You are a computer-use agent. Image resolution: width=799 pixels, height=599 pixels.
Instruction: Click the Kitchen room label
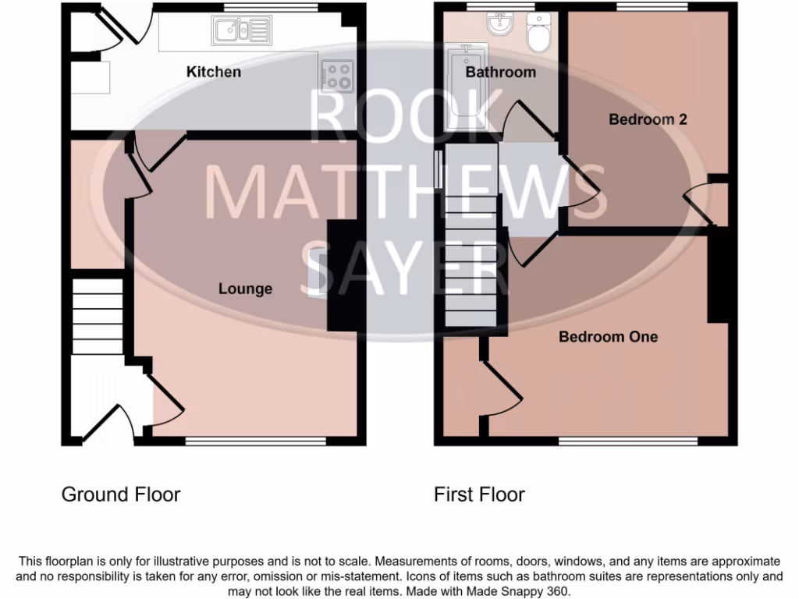point(213,72)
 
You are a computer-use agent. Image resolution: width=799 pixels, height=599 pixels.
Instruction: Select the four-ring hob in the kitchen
point(338,75)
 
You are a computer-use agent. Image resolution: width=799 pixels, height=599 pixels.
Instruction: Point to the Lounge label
point(245,289)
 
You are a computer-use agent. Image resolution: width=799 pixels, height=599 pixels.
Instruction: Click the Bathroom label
point(500,73)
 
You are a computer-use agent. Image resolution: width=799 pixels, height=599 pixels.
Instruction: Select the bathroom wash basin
point(498,28)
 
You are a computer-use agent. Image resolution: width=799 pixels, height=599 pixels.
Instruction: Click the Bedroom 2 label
point(648,119)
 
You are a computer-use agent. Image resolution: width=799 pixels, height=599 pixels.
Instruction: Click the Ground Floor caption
point(121,494)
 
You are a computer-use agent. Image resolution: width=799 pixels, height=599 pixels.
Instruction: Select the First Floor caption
point(479,494)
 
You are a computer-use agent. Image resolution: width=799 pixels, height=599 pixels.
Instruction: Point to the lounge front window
point(255,441)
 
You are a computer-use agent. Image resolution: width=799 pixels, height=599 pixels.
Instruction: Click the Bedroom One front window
point(627,441)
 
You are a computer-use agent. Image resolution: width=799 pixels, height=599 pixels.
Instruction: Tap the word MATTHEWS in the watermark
point(405,192)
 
